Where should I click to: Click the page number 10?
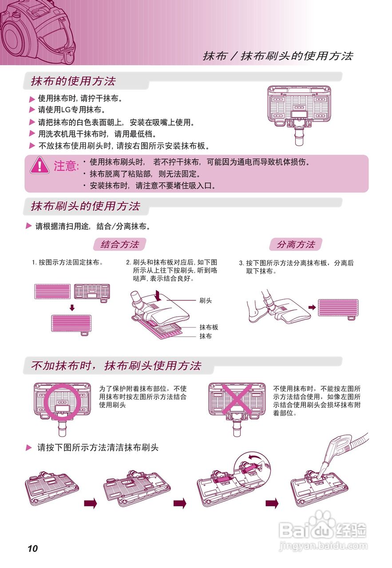[32, 548]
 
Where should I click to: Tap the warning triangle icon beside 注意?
[40, 165]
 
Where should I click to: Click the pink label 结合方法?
[120, 245]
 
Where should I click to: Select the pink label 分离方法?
[296, 245]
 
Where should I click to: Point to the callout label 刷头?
[206, 301]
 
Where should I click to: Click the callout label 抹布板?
[209, 327]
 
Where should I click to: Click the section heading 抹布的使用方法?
[73, 81]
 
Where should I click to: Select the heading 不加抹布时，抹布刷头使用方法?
[116, 366]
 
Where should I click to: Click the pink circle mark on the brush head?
[62, 399]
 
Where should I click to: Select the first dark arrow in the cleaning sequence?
[91, 503]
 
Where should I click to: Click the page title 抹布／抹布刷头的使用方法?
[278, 56]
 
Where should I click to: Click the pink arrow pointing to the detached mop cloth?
[312, 307]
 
